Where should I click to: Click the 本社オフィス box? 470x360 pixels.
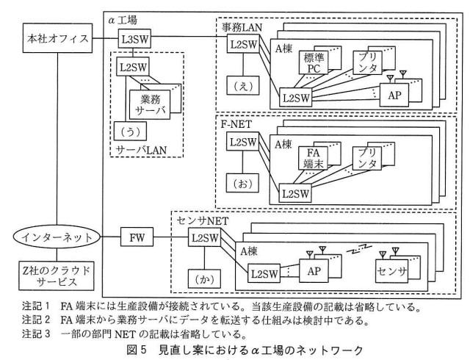57,39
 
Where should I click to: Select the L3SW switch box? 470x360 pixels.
134,38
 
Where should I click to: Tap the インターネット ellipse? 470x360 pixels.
57,237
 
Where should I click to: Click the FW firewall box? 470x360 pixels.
137,237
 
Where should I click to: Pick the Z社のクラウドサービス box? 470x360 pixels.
57,276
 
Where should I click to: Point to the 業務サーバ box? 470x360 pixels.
150,105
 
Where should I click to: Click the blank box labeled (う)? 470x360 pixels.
130,131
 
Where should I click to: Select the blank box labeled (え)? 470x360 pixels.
243,85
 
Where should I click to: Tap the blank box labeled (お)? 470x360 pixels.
242,183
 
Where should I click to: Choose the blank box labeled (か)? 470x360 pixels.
204,279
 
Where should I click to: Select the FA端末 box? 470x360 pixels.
313,159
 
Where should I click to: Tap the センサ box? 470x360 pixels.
391,271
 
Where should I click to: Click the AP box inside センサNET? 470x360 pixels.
314,271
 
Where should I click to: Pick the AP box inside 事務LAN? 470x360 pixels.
394,95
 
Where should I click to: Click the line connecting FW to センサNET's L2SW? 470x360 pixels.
171,237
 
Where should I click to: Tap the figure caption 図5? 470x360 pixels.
137,350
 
